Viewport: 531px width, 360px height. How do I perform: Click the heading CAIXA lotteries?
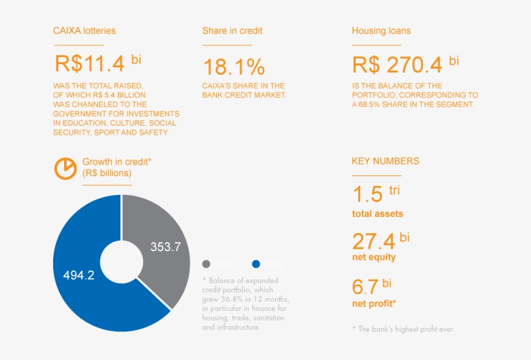[84, 30]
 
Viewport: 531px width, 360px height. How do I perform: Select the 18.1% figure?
[234, 67]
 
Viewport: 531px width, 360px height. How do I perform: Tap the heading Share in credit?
[232, 30]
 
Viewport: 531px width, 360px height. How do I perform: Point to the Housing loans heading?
[381, 30]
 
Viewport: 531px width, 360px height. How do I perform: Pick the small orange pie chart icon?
[65, 168]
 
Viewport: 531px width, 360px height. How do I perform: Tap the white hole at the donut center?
[121, 262]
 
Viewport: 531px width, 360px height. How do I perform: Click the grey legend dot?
[207, 264]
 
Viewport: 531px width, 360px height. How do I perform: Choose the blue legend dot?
[256, 264]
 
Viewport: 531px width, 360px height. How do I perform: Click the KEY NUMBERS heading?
[385, 161]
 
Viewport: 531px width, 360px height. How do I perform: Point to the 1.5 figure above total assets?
[367, 194]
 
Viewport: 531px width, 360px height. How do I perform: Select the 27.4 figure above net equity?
[374, 242]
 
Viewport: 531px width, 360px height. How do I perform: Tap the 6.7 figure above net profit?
[365, 287]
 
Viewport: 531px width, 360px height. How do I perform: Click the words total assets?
[378, 214]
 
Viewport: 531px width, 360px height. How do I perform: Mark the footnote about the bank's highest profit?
[403, 329]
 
